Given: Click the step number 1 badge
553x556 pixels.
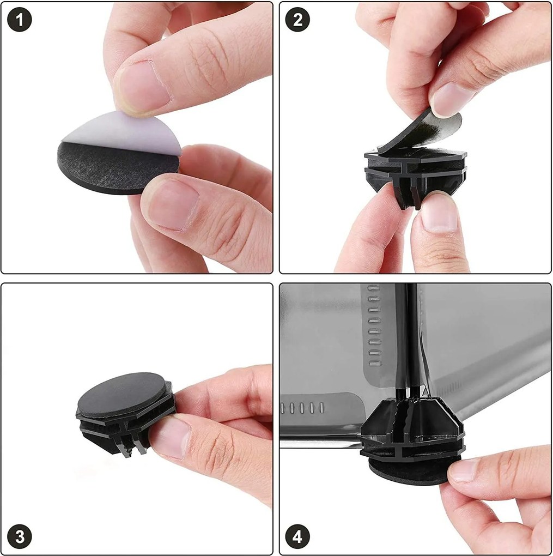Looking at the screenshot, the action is point(20,20).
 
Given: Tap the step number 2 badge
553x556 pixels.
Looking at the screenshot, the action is point(297,20).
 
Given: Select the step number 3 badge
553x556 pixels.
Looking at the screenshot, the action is point(20,536).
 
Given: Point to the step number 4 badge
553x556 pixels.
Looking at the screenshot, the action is point(297,536).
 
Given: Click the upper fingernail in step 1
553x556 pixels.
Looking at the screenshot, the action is point(142,87).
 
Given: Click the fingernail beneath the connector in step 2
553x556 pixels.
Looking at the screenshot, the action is point(440,213).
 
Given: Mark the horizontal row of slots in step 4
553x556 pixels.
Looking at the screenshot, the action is point(302,408).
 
